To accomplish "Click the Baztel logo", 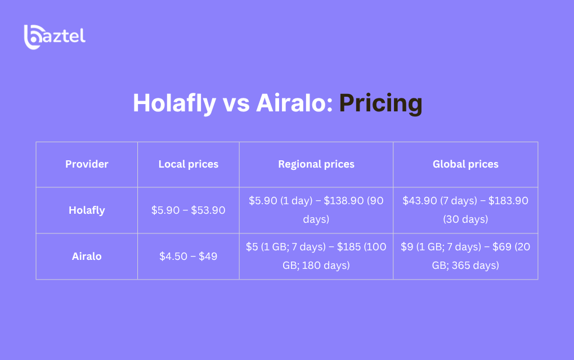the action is (x=55, y=37).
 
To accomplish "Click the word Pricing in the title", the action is (x=381, y=103).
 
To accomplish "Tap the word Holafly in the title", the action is (x=174, y=103).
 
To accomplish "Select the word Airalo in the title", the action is (x=294, y=103).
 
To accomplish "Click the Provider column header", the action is (x=87, y=164).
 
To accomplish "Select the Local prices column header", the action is (x=189, y=164).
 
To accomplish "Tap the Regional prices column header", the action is (x=316, y=164).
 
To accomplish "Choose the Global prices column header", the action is (x=465, y=164).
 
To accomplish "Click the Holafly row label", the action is (x=87, y=210).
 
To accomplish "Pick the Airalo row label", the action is (x=87, y=256).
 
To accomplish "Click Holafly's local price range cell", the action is (x=189, y=210).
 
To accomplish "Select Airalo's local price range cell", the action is (x=189, y=256).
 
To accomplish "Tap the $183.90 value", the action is (x=508, y=200).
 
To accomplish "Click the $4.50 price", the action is (x=173, y=256).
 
